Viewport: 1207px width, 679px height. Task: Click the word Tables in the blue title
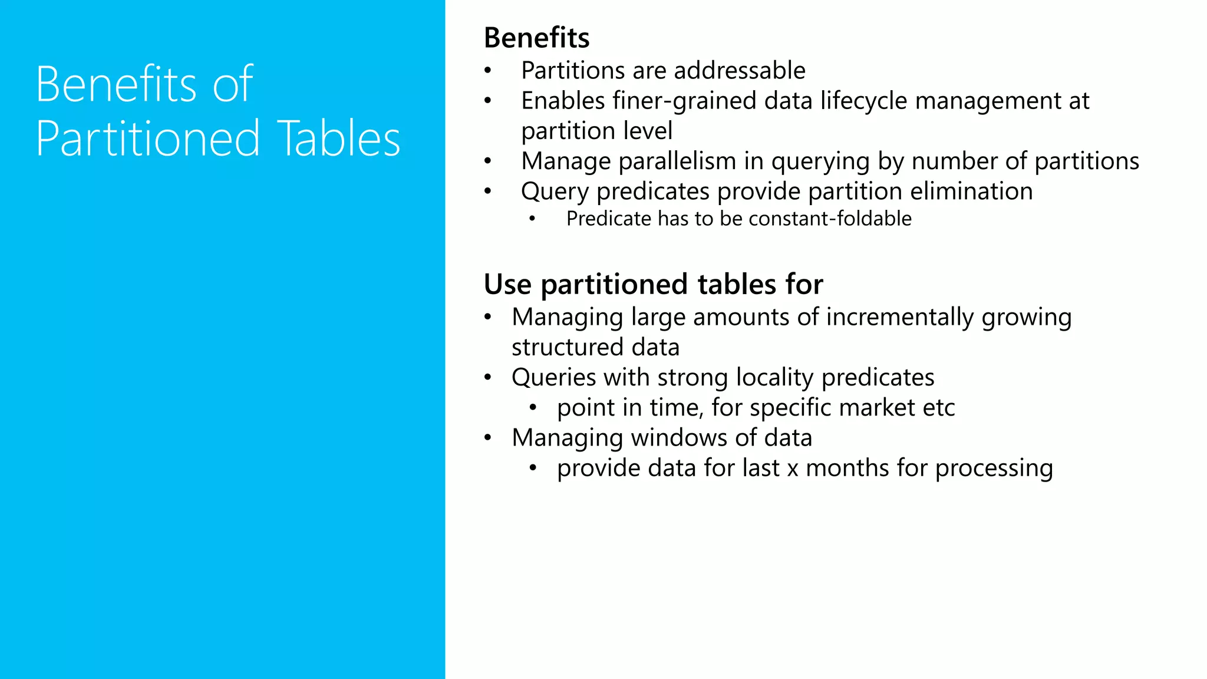tap(339, 139)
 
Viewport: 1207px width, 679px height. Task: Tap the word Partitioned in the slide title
tap(148, 139)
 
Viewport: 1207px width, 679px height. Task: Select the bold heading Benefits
tap(536, 38)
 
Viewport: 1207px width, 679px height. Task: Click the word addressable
tap(740, 71)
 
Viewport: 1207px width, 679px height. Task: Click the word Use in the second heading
tap(507, 284)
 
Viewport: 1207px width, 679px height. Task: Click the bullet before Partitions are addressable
tap(487, 71)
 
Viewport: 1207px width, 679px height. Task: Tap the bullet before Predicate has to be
tap(532, 219)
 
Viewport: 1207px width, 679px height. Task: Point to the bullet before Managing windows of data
tap(487, 438)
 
